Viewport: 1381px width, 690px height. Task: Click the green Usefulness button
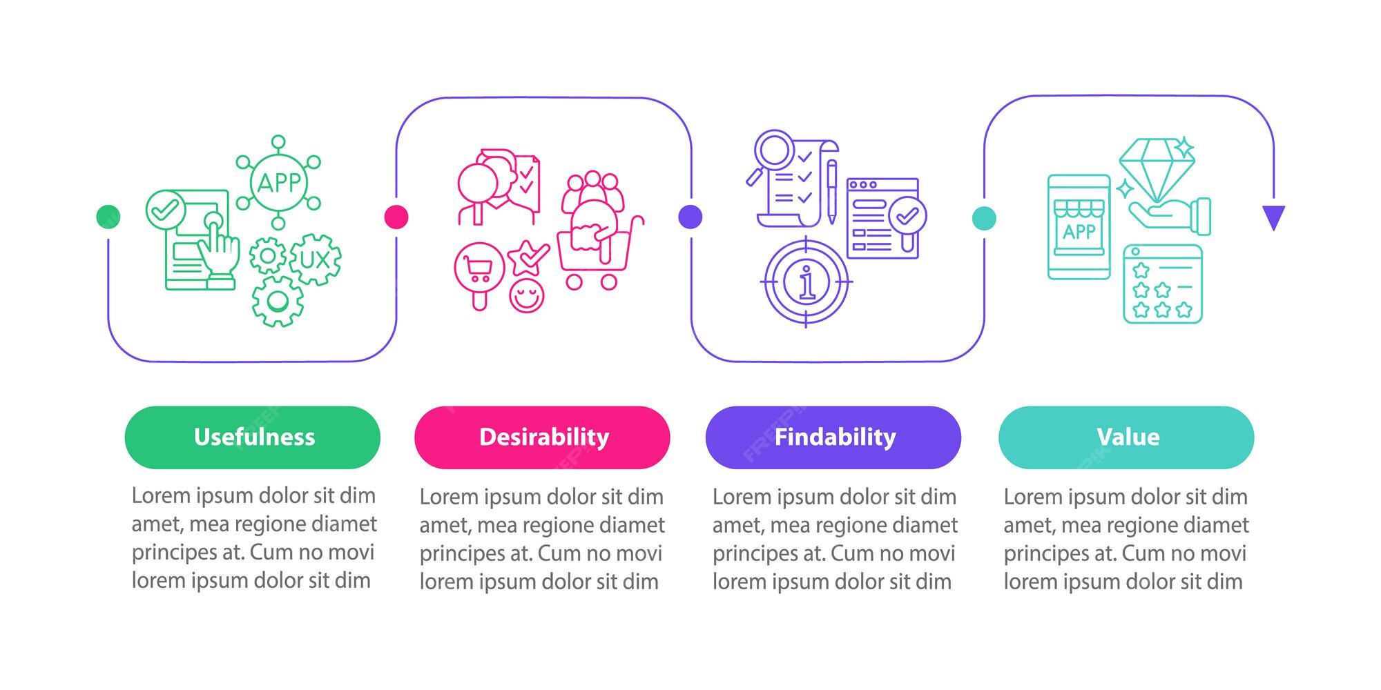point(252,437)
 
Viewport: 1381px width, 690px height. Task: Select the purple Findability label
point(833,437)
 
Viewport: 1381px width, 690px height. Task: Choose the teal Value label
point(1126,437)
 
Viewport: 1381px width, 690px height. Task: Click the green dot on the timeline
point(108,217)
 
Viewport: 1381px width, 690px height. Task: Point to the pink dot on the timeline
point(396,217)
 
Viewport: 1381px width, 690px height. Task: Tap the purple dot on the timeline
point(690,217)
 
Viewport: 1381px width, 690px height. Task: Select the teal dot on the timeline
point(984,218)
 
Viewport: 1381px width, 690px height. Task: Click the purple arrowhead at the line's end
point(1273,217)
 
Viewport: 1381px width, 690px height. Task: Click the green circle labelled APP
point(278,183)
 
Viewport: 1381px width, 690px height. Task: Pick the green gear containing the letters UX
point(316,259)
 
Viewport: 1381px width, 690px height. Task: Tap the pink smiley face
point(527,295)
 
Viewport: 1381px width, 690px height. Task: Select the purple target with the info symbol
point(806,282)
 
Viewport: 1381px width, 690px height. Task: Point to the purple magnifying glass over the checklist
point(773,150)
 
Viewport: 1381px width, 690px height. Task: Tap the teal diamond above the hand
point(1157,168)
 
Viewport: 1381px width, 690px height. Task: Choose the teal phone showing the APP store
point(1079,227)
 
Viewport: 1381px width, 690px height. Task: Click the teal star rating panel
point(1163,284)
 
